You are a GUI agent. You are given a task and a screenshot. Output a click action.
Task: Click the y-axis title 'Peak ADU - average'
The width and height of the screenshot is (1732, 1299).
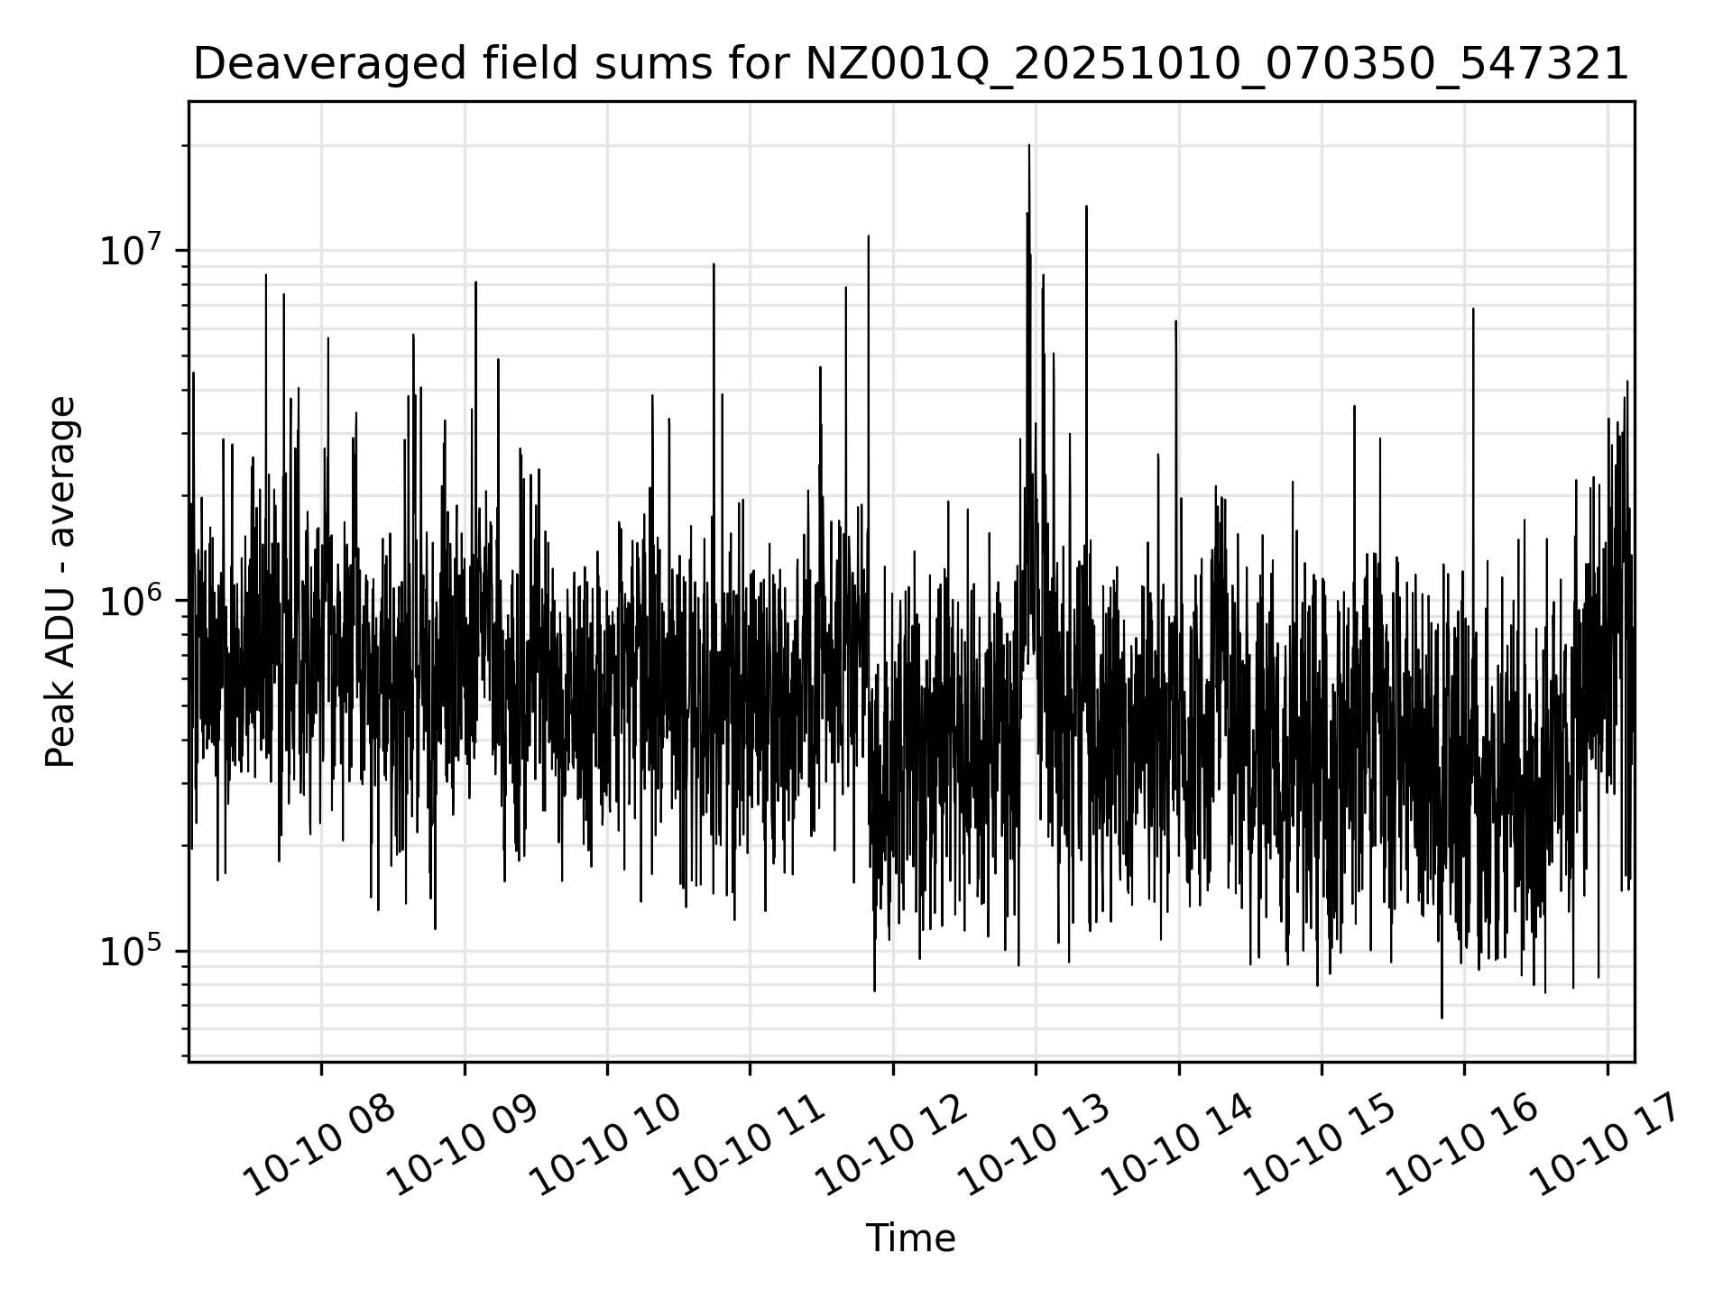[x=61, y=582]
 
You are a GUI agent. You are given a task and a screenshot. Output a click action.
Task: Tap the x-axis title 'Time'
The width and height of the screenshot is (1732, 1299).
[x=910, y=1239]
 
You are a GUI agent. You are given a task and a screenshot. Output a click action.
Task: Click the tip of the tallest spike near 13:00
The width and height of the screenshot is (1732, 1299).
[x=1029, y=145]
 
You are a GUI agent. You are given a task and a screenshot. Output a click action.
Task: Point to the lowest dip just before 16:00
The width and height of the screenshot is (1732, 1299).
[x=1442, y=1018]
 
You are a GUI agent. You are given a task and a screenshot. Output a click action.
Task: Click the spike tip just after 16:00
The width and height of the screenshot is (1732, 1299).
[x=1473, y=309]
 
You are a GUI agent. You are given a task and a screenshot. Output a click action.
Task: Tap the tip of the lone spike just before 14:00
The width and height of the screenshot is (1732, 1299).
[x=1175, y=321]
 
